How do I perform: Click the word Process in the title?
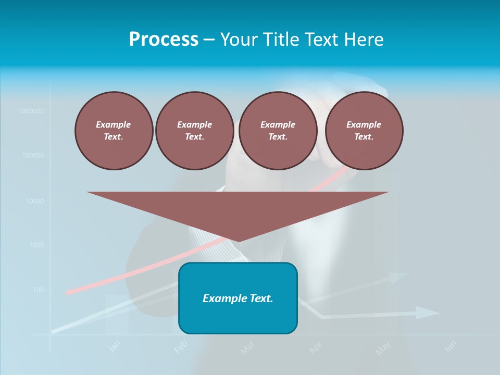[164, 40]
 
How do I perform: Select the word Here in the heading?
[364, 40]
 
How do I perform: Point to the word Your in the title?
[240, 40]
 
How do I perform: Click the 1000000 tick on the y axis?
[31, 111]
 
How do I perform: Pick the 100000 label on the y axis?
[33, 156]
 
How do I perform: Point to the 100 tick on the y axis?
[39, 290]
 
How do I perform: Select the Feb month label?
[180, 347]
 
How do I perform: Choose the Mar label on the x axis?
[247, 347]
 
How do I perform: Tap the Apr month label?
[315, 347]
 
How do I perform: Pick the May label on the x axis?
[383, 347]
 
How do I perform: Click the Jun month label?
[451, 346]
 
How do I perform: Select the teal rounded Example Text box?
[238, 298]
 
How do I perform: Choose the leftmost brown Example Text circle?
[114, 131]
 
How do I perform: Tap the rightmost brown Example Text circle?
[364, 131]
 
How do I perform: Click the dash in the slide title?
[209, 40]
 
